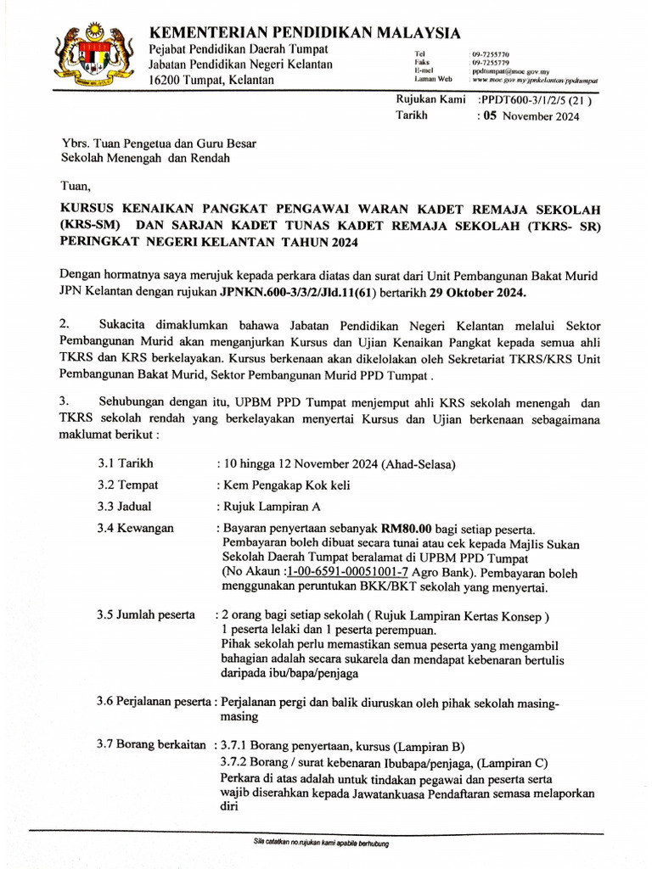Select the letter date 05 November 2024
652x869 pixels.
(x=531, y=116)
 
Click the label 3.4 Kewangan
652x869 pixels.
(x=135, y=528)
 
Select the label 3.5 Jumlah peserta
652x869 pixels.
(x=145, y=614)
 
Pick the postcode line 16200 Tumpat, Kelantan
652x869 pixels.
(x=211, y=80)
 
